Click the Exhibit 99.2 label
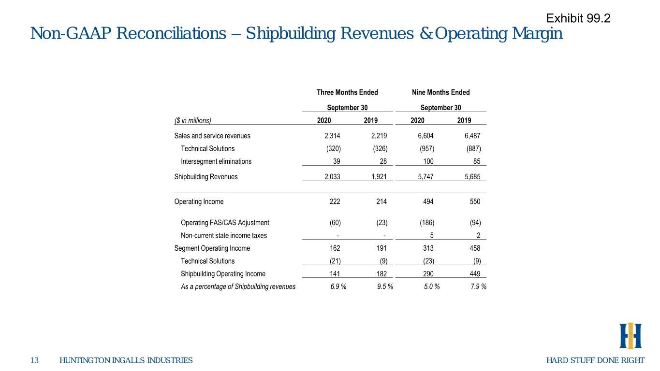[x=578, y=18]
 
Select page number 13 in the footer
[x=34, y=360]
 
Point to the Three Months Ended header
[x=347, y=92]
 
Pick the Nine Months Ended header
[x=441, y=92]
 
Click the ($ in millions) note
[x=193, y=120]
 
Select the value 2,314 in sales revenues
[x=332, y=136]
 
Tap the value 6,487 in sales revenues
[x=472, y=136]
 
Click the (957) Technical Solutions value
[x=427, y=149]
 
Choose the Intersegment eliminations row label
[x=216, y=161]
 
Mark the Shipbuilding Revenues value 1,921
[x=379, y=177]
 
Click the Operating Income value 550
[x=475, y=202]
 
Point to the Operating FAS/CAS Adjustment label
[x=225, y=223]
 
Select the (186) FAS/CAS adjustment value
[x=427, y=223]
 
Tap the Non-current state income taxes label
[x=224, y=236]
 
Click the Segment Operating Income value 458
[x=475, y=248]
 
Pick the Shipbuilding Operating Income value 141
[x=335, y=274]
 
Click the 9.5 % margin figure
[x=385, y=287]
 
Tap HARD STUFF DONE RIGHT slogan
[x=595, y=360]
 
